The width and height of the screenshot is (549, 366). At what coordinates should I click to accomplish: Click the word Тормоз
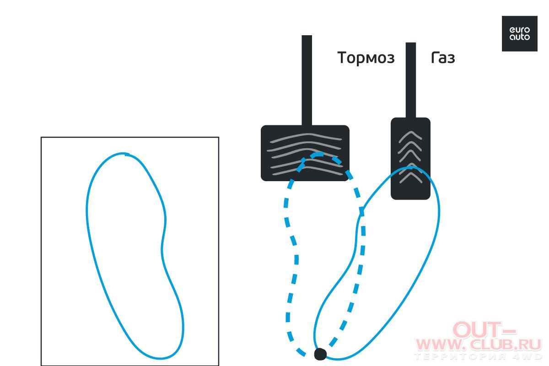366,58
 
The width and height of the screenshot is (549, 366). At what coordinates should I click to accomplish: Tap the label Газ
443,58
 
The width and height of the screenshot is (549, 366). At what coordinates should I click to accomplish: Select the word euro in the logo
520,30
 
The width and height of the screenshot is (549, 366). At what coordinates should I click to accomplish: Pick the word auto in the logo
520,37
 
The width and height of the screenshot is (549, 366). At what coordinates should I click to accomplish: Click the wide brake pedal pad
305,153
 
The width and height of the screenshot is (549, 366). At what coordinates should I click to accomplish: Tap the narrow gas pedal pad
410,158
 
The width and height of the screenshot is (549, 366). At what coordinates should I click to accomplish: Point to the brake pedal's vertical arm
307,81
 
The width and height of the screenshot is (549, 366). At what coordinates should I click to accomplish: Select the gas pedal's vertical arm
411,80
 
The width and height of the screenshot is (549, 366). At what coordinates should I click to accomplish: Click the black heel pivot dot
320,354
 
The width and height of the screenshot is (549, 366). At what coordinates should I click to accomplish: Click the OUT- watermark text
484,330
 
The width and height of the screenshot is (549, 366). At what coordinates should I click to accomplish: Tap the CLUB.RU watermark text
506,344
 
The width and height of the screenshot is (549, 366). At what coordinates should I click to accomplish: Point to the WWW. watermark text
441,344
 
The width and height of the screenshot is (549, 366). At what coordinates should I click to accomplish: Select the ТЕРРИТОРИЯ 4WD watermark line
478,356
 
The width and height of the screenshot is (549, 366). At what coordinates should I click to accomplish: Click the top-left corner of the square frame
41,137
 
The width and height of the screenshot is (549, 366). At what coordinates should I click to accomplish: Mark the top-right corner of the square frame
219,137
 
